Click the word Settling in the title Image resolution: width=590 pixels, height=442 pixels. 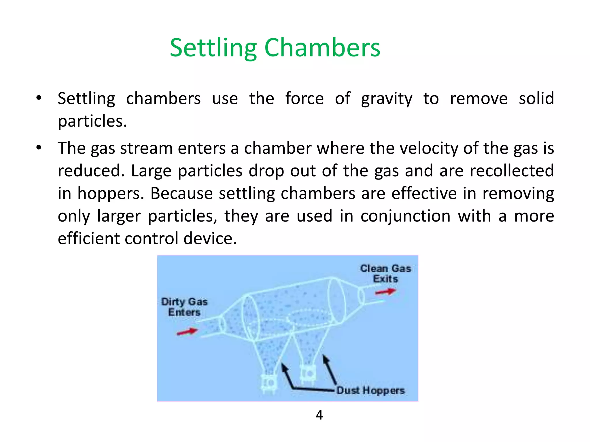[213, 48]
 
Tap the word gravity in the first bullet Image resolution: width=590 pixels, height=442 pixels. [387, 99]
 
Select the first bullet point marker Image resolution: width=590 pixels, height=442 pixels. [39, 98]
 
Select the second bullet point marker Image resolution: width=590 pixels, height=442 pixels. [39, 148]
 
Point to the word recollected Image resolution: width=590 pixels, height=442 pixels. [512, 171]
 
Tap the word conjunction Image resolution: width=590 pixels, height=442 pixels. [405, 216]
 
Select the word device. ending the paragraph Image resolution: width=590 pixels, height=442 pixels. [210, 239]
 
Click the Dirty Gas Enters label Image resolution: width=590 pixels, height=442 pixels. [184, 307]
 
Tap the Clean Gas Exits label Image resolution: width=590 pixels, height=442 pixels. [385, 274]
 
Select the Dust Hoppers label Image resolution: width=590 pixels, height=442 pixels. [370, 390]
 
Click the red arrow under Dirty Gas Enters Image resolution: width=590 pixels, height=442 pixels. [187, 332]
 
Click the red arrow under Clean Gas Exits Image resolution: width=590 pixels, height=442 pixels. [385, 292]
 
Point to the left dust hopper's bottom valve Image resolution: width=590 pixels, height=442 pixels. [268, 383]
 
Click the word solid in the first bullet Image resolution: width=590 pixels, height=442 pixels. [536, 98]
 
